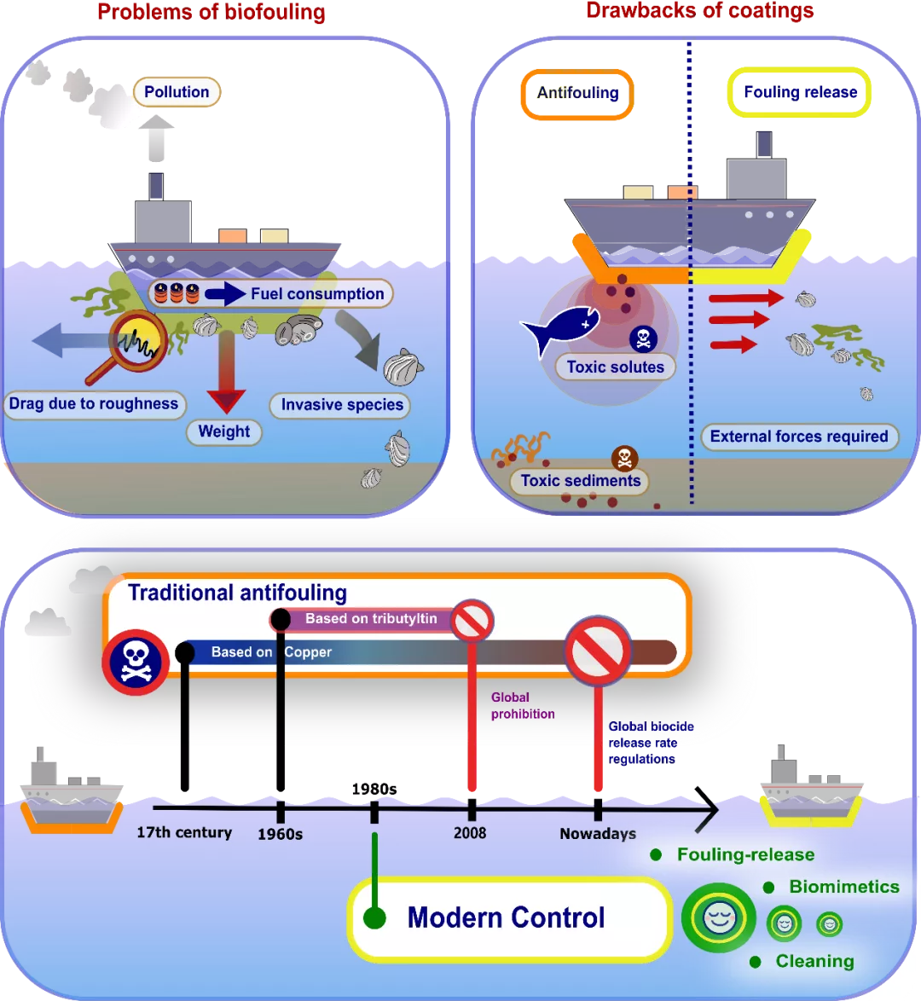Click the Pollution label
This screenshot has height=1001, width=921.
[x=177, y=92]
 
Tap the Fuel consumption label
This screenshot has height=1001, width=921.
[x=317, y=294]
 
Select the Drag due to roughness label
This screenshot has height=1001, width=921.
[x=94, y=404]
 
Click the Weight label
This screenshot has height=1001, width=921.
[x=224, y=431]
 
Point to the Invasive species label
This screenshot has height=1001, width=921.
[x=342, y=405]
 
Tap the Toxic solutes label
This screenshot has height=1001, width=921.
[x=615, y=367]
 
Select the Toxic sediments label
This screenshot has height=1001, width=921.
[x=580, y=481]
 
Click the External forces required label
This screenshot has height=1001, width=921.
[x=799, y=437]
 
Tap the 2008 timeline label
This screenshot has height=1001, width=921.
[x=470, y=833]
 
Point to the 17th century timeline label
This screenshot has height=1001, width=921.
[x=184, y=832]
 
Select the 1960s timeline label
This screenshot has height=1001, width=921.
[x=280, y=834]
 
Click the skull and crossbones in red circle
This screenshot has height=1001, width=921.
[x=136, y=662]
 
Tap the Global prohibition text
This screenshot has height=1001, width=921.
[x=523, y=706]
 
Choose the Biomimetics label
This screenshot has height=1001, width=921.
[x=843, y=887]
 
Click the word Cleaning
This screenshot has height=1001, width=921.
[x=814, y=961]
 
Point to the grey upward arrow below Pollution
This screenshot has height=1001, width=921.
[x=156, y=138]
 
